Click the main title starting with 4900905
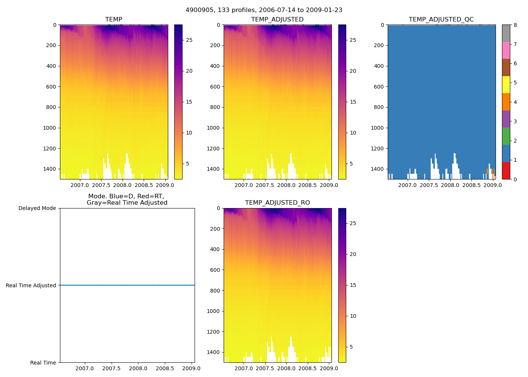click(x=264, y=10)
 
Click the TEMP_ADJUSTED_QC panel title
click(x=441, y=19)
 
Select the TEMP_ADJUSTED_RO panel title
click(x=277, y=203)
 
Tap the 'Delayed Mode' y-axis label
click(x=37, y=208)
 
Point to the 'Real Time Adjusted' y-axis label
click(x=31, y=285)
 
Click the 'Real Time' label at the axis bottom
click(x=43, y=363)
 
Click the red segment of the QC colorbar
click(x=506, y=170)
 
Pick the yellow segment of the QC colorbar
click(x=506, y=84)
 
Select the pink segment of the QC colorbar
click(x=506, y=50)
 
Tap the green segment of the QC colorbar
click(x=506, y=136)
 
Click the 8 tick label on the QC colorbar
click(x=515, y=25)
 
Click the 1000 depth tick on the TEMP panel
click(x=50, y=128)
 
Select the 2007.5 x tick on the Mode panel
click(x=111, y=368)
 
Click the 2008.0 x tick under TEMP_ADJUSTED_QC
click(x=450, y=185)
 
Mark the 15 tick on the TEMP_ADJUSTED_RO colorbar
click(x=353, y=285)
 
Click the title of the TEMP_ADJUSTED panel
click(x=277, y=19)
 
